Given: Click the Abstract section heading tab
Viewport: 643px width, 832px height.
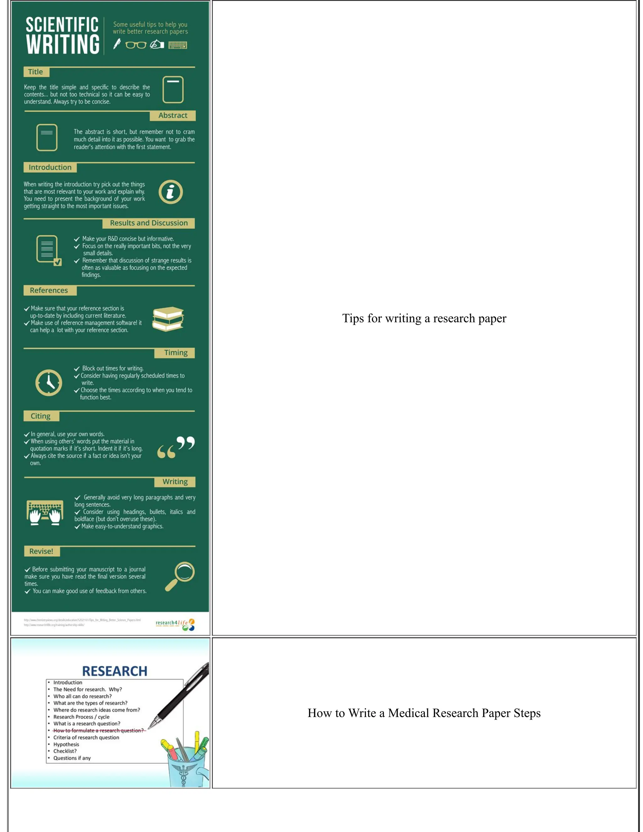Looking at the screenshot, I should (x=173, y=116).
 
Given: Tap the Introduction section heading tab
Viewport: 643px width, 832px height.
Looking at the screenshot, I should (x=50, y=168).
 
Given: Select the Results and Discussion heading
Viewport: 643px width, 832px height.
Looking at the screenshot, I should (x=149, y=223).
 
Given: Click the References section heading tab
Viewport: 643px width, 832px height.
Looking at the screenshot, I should (x=49, y=291).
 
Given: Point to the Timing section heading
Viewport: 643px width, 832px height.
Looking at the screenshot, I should (x=175, y=353).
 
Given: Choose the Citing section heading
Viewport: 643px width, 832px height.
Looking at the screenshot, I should (x=41, y=416).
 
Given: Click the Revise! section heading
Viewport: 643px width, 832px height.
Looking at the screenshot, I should (x=41, y=551).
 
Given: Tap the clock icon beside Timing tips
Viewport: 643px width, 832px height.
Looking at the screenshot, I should (x=49, y=382).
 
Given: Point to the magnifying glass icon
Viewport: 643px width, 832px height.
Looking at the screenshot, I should (x=180, y=576).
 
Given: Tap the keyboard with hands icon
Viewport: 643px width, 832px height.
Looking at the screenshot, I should (x=45, y=513).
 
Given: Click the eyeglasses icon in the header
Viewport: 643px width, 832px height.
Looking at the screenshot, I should (x=136, y=45).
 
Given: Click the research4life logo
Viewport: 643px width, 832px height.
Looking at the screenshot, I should (x=175, y=624).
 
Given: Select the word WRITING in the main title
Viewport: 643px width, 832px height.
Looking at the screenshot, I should (x=63, y=45).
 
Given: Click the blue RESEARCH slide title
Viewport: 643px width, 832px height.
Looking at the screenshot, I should (x=115, y=671).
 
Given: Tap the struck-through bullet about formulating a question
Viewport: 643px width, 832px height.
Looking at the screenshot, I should (x=98, y=730).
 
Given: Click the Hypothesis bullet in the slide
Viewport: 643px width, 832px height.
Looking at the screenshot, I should (x=66, y=744).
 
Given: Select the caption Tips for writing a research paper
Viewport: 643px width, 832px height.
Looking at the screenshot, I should (x=424, y=318).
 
